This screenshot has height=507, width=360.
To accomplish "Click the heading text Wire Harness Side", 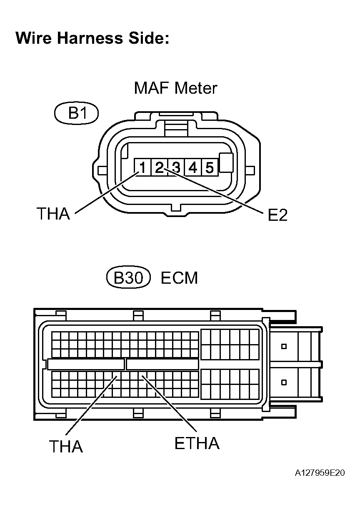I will coord(92,38).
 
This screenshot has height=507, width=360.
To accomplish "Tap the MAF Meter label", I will coord(175,88).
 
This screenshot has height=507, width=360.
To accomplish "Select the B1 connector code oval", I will coord(76,113).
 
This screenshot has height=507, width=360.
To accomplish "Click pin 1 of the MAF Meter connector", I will coord(142,167).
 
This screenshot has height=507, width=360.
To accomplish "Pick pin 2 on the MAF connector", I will coord(159,167).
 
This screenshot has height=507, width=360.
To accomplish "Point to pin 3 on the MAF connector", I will coord(176,167).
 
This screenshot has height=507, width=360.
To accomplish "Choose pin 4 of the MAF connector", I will coord(193,167).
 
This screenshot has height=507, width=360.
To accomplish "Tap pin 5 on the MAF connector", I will coord(210,167).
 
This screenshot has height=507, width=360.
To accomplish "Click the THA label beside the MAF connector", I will coord(53,214).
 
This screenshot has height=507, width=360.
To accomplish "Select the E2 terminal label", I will coord(277,215).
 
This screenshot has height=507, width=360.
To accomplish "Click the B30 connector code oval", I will coord(128,278).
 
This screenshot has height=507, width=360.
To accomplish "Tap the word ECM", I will coord(179,278).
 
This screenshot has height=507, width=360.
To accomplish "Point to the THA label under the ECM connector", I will coord(66,447).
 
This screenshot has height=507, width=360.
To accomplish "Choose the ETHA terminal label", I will coord(197,444).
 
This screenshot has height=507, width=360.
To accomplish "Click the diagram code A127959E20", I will coord(320,473).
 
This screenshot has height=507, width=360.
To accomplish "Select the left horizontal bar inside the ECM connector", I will coord(86,364).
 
